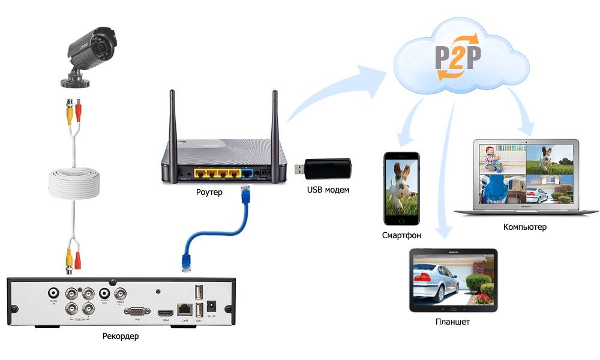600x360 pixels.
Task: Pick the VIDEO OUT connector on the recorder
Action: coord(121,294)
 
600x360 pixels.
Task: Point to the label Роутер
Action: coord(209,193)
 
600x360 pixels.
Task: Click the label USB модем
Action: coord(328,190)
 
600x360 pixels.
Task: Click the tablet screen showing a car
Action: coord(453,281)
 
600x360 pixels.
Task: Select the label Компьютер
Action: coord(525,227)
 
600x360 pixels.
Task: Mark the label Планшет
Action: coord(452,322)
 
